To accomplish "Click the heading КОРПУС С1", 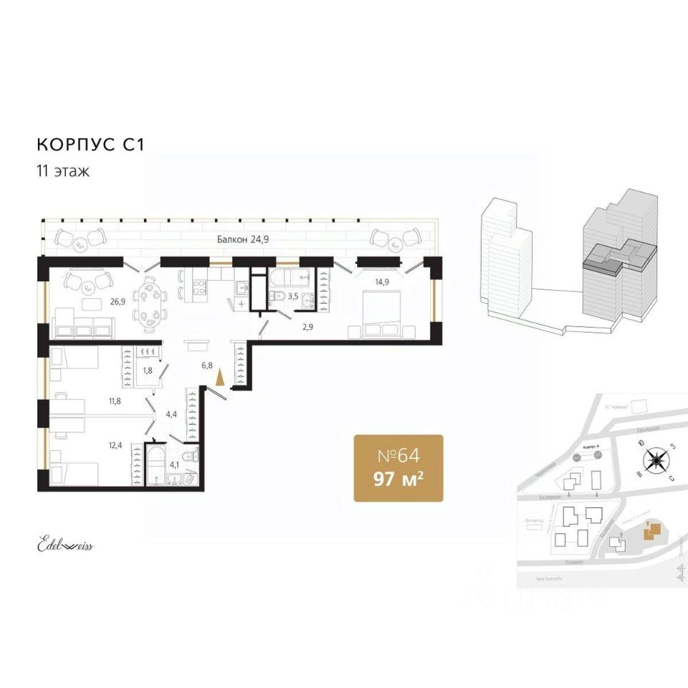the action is tap(90, 144).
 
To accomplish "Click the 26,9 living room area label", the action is tap(118, 302).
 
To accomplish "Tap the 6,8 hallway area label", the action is tap(208, 365).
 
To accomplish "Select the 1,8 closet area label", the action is tap(148, 371).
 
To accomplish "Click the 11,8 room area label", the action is tap(115, 401).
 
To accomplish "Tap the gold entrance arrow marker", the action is tap(221, 377).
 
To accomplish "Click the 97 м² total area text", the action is tap(398, 478).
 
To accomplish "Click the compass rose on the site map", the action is tap(654, 460).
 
